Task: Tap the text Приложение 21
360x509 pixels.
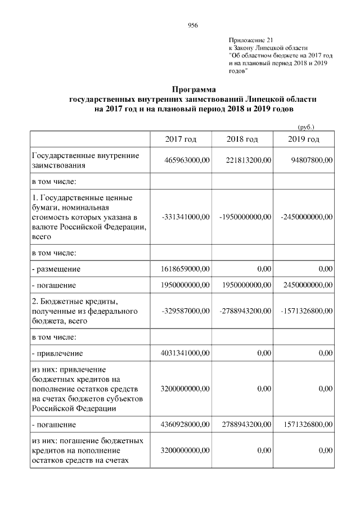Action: (x=251, y=40)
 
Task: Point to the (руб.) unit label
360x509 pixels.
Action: (x=305, y=127)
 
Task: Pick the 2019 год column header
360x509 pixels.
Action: (x=303, y=139)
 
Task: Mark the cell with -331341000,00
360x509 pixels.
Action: (x=185, y=217)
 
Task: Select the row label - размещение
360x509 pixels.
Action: (x=56, y=269)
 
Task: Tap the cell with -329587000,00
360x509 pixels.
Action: (x=185, y=311)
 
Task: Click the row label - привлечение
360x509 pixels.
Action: (x=57, y=353)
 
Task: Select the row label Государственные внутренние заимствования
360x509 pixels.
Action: (x=84, y=160)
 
